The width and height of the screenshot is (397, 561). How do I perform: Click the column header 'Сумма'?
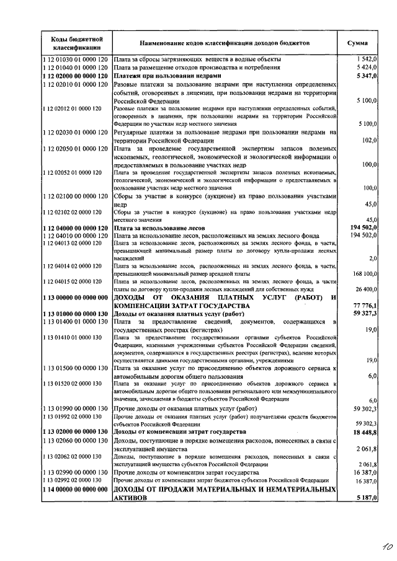click(x=357, y=43)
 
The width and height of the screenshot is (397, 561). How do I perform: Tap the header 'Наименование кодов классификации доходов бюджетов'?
click(x=225, y=43)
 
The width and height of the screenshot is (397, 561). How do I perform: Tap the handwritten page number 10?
click(x=371, y=547)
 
